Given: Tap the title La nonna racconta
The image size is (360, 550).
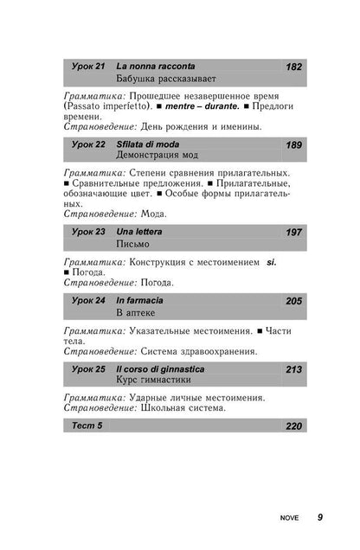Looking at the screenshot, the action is (155, 67).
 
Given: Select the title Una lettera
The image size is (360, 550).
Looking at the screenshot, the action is (139, 233).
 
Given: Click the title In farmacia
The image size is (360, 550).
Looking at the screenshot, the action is (140, 299).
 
